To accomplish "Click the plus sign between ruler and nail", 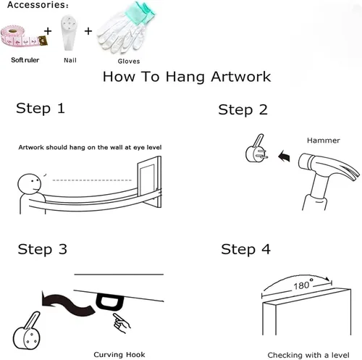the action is (48, 31).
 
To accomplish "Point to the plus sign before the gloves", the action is (88, 31).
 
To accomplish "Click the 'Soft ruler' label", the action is (25, 60).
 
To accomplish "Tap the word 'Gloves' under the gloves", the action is (129, 62).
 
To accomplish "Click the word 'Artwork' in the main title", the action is (241, 77).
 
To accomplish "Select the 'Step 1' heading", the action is (41, 109).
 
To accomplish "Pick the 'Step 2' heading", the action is (243, 110).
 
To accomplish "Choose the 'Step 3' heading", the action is (42, 249).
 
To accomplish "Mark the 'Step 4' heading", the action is (245, 249).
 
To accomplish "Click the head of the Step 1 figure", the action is (30, 184).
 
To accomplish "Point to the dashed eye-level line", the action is (92, 180).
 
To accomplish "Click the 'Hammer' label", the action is (324, 141).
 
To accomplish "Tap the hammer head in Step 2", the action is (328, 167).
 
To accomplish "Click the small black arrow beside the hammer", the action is (284, 156).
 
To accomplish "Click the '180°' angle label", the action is (303, 285).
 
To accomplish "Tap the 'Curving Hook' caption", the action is (119, 355).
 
